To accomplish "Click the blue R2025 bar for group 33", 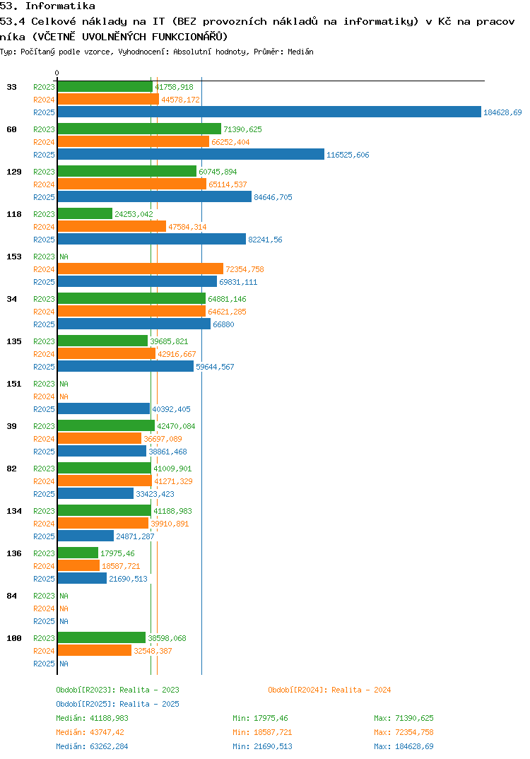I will tap(269, 112).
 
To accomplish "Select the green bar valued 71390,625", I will tap(139, 129).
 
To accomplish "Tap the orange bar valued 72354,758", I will tap(140, 269).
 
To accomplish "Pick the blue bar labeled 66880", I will tap(134, 324).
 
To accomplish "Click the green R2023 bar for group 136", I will tap(78, 553).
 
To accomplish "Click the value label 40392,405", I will tap(171, 409).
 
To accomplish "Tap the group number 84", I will tap(12, 596).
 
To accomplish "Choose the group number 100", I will tap(14, 638).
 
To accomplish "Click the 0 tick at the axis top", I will tap(57, 73).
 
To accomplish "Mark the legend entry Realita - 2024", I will tap(329, 690).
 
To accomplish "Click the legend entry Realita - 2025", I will tap(117, 704).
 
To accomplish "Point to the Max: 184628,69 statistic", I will tap(404, 746).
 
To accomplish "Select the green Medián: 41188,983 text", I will tap(92, 718).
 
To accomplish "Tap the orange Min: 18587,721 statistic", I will tap(262, 732).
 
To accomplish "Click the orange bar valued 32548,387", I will tap(94, 650).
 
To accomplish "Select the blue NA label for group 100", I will tap(64, 664).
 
